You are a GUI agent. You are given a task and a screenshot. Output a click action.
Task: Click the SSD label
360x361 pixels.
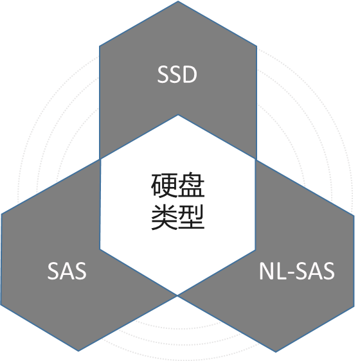click(177, 75)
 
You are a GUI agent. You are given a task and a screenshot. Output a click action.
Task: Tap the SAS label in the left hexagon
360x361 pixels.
click(67, 271)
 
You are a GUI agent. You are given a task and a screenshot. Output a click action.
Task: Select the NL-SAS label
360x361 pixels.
click(297, 271)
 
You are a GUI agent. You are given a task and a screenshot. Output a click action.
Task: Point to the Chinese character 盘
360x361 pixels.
click(192, 185)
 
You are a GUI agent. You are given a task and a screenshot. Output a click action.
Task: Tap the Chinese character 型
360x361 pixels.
click(192, 217)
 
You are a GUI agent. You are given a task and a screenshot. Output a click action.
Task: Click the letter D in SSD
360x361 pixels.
click(190, 75)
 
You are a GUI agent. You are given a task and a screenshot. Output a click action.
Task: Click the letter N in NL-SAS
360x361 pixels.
click(267, 271)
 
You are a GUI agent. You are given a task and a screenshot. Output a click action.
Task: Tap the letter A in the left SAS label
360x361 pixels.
click(67, 271)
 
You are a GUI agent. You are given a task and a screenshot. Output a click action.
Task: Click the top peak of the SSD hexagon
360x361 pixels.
click(178, 1)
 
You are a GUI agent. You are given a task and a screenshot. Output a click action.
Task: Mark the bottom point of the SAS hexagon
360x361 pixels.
click(78, 351)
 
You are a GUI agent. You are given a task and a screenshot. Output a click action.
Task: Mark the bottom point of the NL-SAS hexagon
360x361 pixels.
click(276, 352)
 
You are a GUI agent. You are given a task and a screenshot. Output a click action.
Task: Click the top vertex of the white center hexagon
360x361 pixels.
click(178, 115)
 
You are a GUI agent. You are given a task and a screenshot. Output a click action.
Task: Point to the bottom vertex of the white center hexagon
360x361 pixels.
click(177, 295)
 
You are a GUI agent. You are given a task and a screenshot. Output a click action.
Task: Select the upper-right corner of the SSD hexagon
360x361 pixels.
click(256, 46)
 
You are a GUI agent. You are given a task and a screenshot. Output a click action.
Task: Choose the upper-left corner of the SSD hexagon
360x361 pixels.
click(100, 46)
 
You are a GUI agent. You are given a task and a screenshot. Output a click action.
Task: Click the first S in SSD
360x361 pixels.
click(163, 75)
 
